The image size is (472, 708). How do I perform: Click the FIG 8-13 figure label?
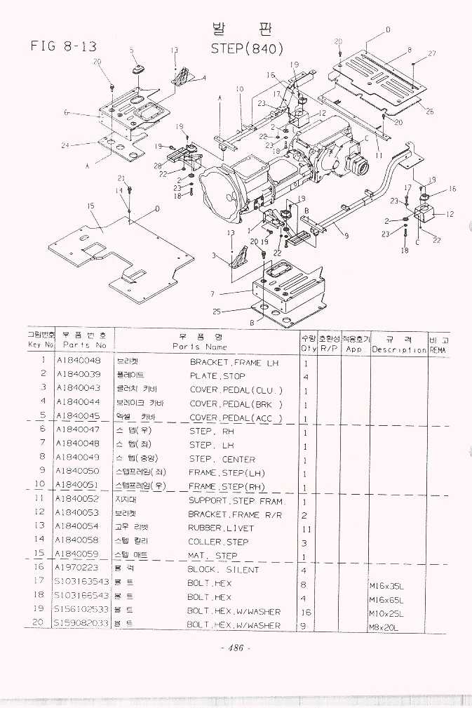[x=63, y=47]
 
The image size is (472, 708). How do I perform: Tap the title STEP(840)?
[x=247, y=49]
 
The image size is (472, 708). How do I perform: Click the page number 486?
[x=231, y=648]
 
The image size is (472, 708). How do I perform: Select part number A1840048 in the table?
[x=78, y=362]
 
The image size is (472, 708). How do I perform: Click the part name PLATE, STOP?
[x=217, y=376]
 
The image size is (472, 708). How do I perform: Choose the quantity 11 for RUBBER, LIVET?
[x=306, y=528]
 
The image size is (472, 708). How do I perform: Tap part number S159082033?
[x=81, y=624]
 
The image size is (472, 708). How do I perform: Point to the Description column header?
[x=399, y=349]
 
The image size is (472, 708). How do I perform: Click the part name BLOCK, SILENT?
[x=223, y=570]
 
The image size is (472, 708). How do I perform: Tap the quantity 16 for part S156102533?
[x=306, y=611]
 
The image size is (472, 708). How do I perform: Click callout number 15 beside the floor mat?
[x=90, y=206]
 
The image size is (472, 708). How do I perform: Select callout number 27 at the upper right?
[x=432, y=54]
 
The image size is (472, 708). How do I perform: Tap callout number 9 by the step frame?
[x=346, y=236]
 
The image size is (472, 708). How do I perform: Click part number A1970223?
[x=78, y=568]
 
